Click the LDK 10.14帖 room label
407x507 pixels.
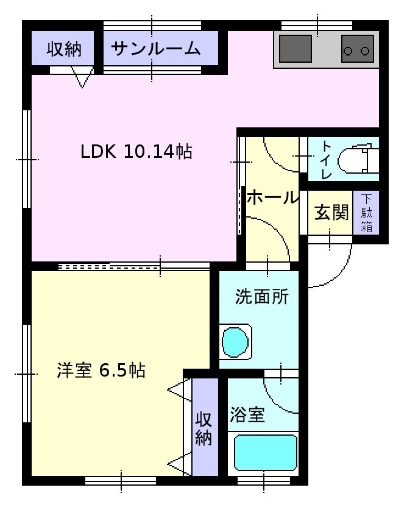pyautogui.click(x=136, y=151)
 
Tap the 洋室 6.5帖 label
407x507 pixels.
pyautogui.click(x=101, y=370)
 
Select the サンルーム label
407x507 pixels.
pyautogui.click(x=156, y=49)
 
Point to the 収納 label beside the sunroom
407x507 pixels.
pyautogui.click(x=64, y=49)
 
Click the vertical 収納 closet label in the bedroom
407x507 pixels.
pyautogui.click(x=203, y=428)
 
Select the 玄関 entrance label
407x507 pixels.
pyautogui.click(x=331, y=213)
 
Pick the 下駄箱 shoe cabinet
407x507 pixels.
pyautogui.click(x=366, y=213)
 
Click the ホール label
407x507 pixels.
pyautogui.click(x=272, y=197)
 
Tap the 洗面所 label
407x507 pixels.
pyautogui.click(x=261, y=296)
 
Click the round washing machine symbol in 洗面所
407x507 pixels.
pyautogui.click(x=235, y=342)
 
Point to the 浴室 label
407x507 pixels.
pyautogui.click(x=247, y=414)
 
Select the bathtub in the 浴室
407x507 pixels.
pyautogui.click(x=265, y=453)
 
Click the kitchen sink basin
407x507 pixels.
pyautogui.click(x=295, y=49)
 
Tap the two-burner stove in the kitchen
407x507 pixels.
pyautogui.click(x=357, y=49)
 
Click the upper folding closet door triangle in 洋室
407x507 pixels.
pyautogui.click(x=179, y=390)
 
